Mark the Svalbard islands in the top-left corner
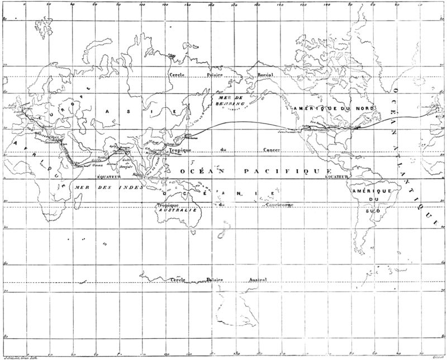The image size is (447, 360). pos(17,18)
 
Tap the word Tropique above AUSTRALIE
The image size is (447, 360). pos(167,205)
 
